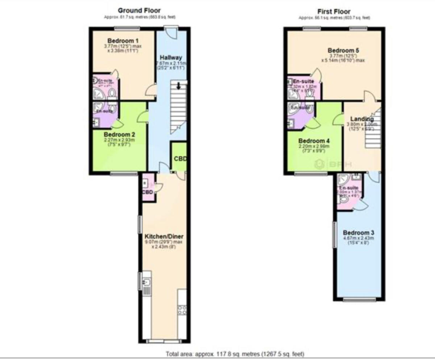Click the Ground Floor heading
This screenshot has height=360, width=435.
(139, 11)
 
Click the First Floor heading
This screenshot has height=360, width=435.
(334, 12)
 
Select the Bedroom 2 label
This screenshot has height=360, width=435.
(119, 135)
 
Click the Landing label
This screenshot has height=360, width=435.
(362, 119)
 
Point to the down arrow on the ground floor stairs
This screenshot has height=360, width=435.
(179, 86)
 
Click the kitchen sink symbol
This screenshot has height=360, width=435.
(147, 282)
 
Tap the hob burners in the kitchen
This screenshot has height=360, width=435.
(182, 310)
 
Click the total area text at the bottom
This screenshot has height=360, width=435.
(235, 353)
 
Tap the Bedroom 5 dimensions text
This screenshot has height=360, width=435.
(343, 58)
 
